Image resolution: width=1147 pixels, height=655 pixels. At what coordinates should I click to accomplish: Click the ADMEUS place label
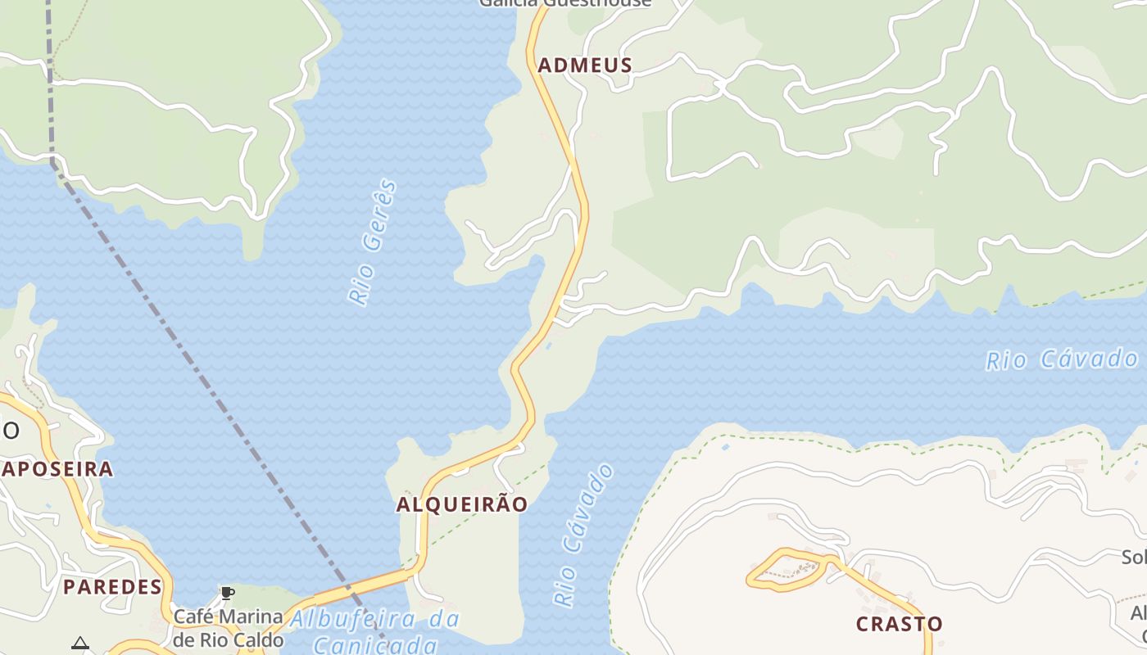[584, 65]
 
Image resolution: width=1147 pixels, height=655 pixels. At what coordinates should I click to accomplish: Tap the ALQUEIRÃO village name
[462, 504]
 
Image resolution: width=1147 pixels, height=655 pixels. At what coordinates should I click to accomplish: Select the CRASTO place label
[899, 624]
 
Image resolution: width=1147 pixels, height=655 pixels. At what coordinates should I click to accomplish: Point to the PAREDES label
[113, 586]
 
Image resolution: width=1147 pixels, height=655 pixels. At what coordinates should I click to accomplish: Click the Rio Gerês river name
[373, 242]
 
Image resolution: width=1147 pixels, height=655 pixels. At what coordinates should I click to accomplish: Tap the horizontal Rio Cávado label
[1062, 359]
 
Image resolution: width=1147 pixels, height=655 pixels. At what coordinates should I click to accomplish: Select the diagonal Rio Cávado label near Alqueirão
[583, 535]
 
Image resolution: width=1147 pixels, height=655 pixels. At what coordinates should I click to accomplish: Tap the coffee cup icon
[228, 593]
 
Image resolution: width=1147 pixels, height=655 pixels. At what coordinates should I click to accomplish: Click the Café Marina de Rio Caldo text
[228, 627]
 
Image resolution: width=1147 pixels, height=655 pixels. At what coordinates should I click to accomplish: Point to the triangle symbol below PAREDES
[79, 643]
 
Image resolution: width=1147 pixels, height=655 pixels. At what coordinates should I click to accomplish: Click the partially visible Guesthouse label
[565, 3]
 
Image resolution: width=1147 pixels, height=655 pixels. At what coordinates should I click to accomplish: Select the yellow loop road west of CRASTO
[785, 570]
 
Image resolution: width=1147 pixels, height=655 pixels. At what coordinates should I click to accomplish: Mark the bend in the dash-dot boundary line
[54, 161]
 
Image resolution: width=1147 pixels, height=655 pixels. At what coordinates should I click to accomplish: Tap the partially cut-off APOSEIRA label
[57, 469]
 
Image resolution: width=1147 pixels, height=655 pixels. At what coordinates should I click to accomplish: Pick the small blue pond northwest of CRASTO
[725, 447]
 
